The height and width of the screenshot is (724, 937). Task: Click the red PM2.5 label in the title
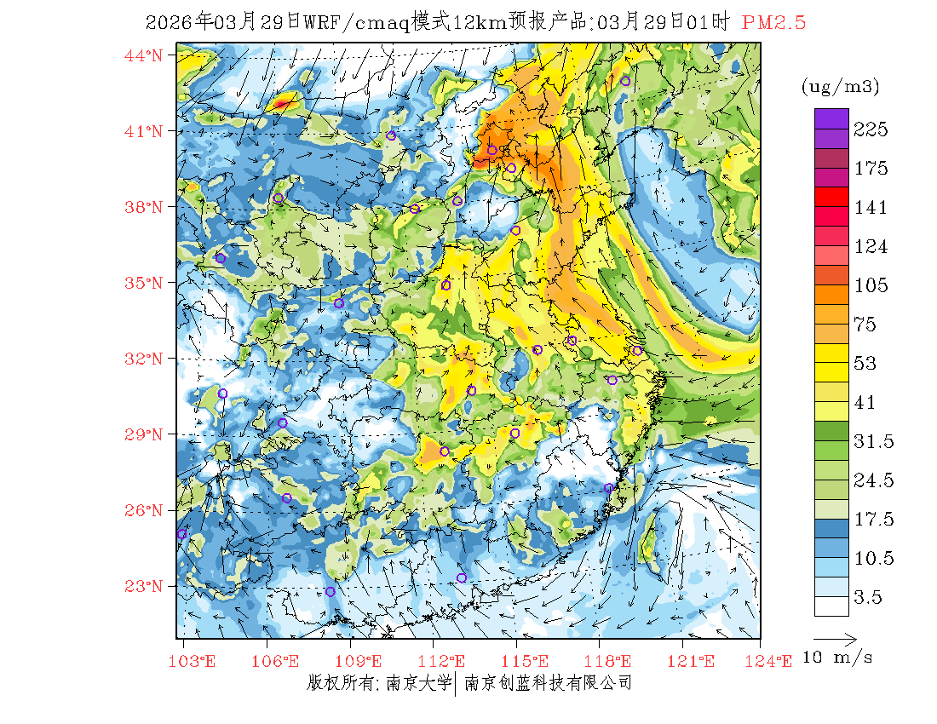click(x=773, y=23)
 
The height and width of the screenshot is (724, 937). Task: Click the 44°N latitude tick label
click(x=143, y=55)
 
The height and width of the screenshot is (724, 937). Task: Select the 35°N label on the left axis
click(x=143, y=283)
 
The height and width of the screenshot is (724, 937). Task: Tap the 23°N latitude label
click(x=143, y=586)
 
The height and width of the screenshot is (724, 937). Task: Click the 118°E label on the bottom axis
click(x=612, y=661)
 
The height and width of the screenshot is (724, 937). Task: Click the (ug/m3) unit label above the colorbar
click(x=840, y=87)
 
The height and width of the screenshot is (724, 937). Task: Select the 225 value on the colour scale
click(x=871, y=129)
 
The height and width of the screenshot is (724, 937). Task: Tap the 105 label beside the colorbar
click(x=871, y=285)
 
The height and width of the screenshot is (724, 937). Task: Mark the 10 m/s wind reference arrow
click(x=835, y=638)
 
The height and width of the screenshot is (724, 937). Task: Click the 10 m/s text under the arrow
click(x=838, y=658)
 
